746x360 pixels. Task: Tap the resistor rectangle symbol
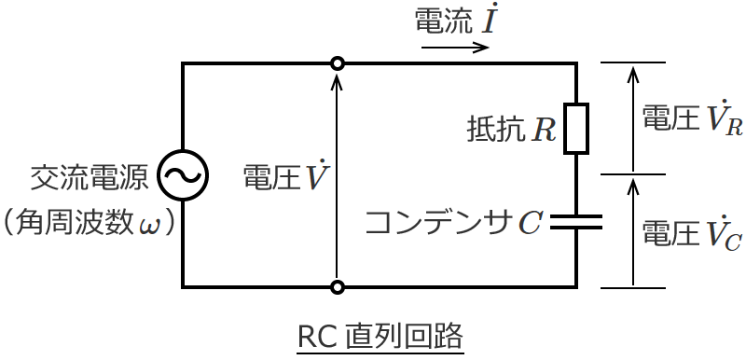(x=576, y=128)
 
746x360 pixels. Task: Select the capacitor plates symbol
(x=576, y=221)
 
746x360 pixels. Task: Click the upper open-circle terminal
(x=338, y=63)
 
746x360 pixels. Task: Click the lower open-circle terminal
(x=338, y=286)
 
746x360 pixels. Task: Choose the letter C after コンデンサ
(x=530, y=222)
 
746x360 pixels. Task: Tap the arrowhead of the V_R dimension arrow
(x=633, y=70)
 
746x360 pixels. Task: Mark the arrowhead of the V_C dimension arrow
(x=633, y=183)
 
